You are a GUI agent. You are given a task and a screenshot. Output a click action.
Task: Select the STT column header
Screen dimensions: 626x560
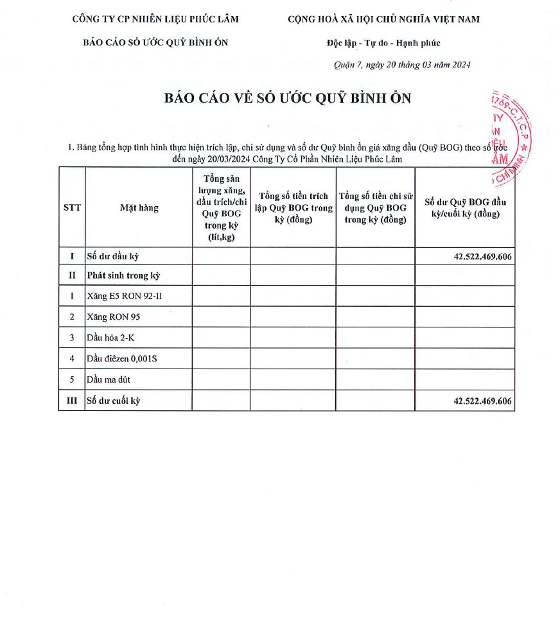(72, 207)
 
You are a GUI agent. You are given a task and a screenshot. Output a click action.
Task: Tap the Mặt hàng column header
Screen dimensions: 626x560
(139, 207)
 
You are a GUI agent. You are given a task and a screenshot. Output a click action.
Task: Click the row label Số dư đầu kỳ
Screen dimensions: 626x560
(113, 256)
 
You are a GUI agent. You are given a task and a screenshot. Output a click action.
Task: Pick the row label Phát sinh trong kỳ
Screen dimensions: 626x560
(123, 276)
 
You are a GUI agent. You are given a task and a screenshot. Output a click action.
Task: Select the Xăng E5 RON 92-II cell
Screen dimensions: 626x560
(120, 297)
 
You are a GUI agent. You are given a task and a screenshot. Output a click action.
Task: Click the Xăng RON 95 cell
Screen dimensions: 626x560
(113, 317)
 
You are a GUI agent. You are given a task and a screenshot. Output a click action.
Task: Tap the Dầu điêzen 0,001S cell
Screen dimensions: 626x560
(121, 358)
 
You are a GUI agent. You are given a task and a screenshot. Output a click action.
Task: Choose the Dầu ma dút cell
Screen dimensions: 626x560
(109, 379)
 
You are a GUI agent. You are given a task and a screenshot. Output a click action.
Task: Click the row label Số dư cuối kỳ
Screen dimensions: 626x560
(114, 401)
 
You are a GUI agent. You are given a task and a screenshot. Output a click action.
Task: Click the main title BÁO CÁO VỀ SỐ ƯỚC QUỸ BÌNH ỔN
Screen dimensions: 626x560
(287, 98)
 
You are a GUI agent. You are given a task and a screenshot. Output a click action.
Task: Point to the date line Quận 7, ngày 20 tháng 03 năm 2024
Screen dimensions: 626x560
(403, 65)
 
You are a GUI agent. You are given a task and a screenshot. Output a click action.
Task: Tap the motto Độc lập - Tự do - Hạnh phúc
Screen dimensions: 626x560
(383, 43)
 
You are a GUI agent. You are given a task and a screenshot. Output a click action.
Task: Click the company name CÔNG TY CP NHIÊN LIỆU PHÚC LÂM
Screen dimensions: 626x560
(155, 19)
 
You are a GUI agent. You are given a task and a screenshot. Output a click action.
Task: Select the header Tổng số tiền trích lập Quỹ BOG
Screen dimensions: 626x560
(293, 207)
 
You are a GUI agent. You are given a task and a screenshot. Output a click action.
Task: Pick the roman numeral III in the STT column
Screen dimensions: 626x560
(72, 401)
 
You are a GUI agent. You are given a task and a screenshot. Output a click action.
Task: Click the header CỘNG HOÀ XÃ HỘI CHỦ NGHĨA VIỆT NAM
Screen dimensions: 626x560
(383, 19)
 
